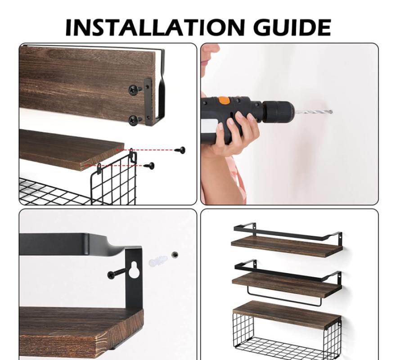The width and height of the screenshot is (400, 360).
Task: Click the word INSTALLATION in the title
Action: (x=155, y=27)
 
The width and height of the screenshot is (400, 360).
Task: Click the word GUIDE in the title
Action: (x=292, y=27)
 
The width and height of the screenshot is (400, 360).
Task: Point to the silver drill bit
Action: (x=314, y=112)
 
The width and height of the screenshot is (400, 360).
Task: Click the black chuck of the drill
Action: (x=278, y=112)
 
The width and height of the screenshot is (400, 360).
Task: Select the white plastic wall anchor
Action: (x=158, y=261)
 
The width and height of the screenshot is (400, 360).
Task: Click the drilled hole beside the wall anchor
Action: (x=175, y=254)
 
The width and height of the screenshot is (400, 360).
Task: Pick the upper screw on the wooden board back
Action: (x=135, y=90)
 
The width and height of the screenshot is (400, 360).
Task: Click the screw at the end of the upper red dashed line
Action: (x=180, y=150)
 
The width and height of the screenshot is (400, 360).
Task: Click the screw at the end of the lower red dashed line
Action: (x=149, y=165)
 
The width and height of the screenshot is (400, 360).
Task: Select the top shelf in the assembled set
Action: (x=287, y=240)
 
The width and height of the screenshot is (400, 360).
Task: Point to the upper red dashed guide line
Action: (x=146, y=150)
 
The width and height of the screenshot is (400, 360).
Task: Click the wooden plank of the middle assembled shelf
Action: (x=287, y=286)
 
